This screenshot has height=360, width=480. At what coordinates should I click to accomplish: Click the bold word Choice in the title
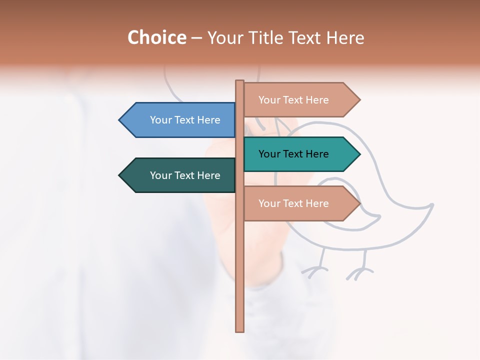click(157, 37)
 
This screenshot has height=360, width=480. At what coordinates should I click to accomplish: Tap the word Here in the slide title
click(344, 37)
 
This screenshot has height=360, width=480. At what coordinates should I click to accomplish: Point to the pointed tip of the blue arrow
click(120, 120)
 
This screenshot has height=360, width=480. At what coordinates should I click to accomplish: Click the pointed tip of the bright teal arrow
click(359, 154)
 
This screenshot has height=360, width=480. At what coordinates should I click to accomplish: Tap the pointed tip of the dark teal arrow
click(120, 175)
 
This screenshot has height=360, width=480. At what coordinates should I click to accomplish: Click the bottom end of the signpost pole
click(240, 330)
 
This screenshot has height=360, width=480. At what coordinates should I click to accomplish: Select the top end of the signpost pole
click(240, 81)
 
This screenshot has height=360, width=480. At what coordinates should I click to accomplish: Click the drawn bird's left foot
click(314, 271)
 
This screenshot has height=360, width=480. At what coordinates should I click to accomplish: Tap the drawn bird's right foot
click(359, 272)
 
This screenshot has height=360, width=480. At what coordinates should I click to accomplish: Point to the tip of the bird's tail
click(432, 204)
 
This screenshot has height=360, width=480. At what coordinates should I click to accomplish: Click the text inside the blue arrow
click(185, 120)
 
